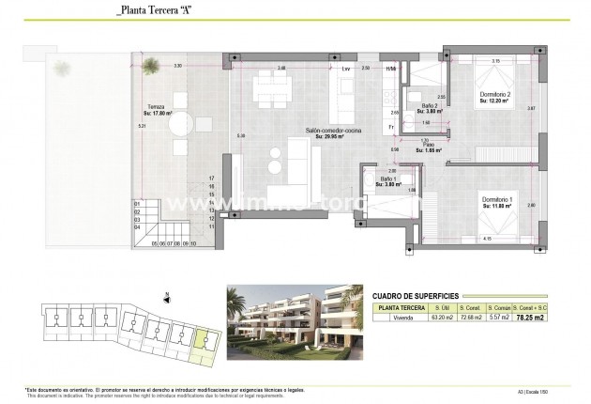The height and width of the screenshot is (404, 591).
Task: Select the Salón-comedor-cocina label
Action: [326, 131]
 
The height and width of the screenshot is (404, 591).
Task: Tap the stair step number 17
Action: [213, 177]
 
